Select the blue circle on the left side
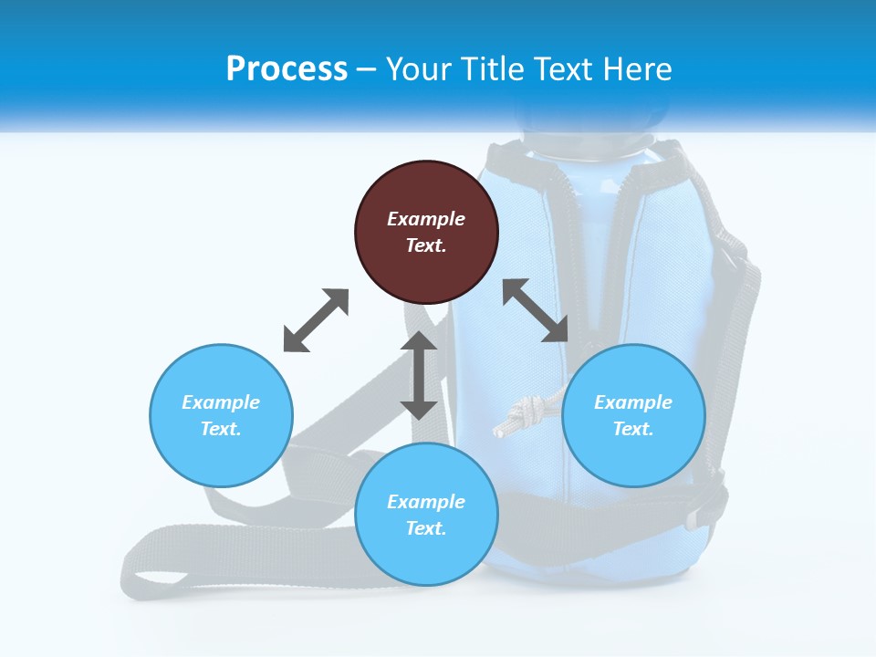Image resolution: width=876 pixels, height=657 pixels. (x=221, y=415)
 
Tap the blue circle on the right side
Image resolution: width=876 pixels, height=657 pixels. (x=633, y=415)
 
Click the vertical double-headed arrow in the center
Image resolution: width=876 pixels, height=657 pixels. (x=419, y=375)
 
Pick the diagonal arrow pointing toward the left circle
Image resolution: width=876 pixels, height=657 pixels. (x=316, y=320)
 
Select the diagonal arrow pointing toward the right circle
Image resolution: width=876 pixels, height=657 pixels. (x=536, y=310)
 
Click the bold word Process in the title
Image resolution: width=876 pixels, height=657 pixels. (x=287, y=68)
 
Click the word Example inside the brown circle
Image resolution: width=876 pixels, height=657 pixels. (x=426, y=219)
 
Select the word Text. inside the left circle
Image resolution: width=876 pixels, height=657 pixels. (x=221, y=429)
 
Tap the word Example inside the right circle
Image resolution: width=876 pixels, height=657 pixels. (x=633, y=402)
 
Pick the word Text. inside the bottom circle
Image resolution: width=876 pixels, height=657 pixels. (x=426, y=528)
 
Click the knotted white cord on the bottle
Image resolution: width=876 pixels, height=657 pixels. (x=522, y=415)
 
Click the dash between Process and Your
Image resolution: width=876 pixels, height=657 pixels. (x=366, y=69)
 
